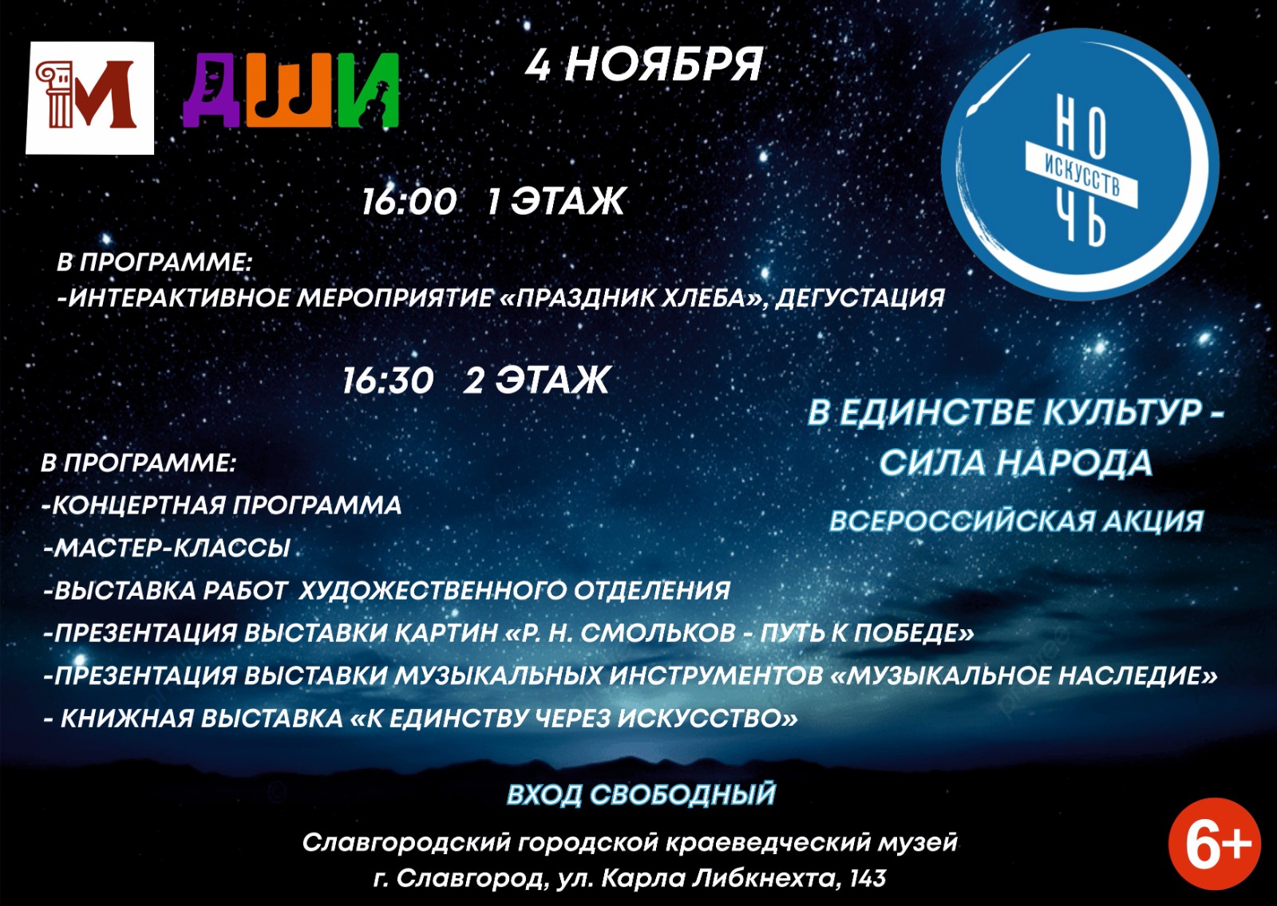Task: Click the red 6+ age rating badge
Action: tap(1215, 843)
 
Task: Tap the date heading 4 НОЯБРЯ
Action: tap(644, 65)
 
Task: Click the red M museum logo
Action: tap(90, 98)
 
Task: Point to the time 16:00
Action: tap(409, 201)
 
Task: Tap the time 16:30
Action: tap(388, 380)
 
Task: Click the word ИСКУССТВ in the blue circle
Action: tap(1082, 175)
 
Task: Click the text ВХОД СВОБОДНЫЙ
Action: tap(642, 794)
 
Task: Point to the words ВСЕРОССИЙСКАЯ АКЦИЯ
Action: tap(1017, 521)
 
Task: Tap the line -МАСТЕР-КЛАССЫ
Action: tap(167, 548)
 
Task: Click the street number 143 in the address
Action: tap(868, 878)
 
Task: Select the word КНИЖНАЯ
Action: tap(127, 719)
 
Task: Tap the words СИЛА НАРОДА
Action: tap(1016, 462)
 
